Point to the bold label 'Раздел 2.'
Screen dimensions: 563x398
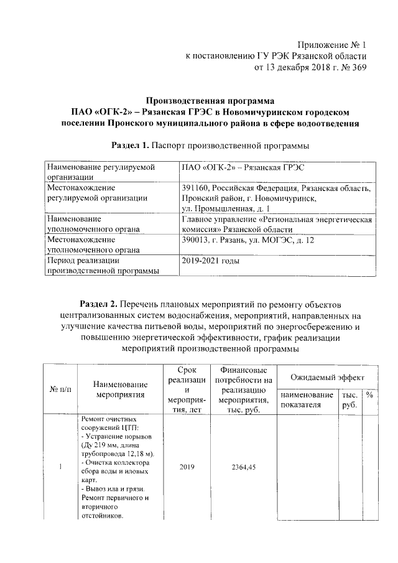pos(100,304)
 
